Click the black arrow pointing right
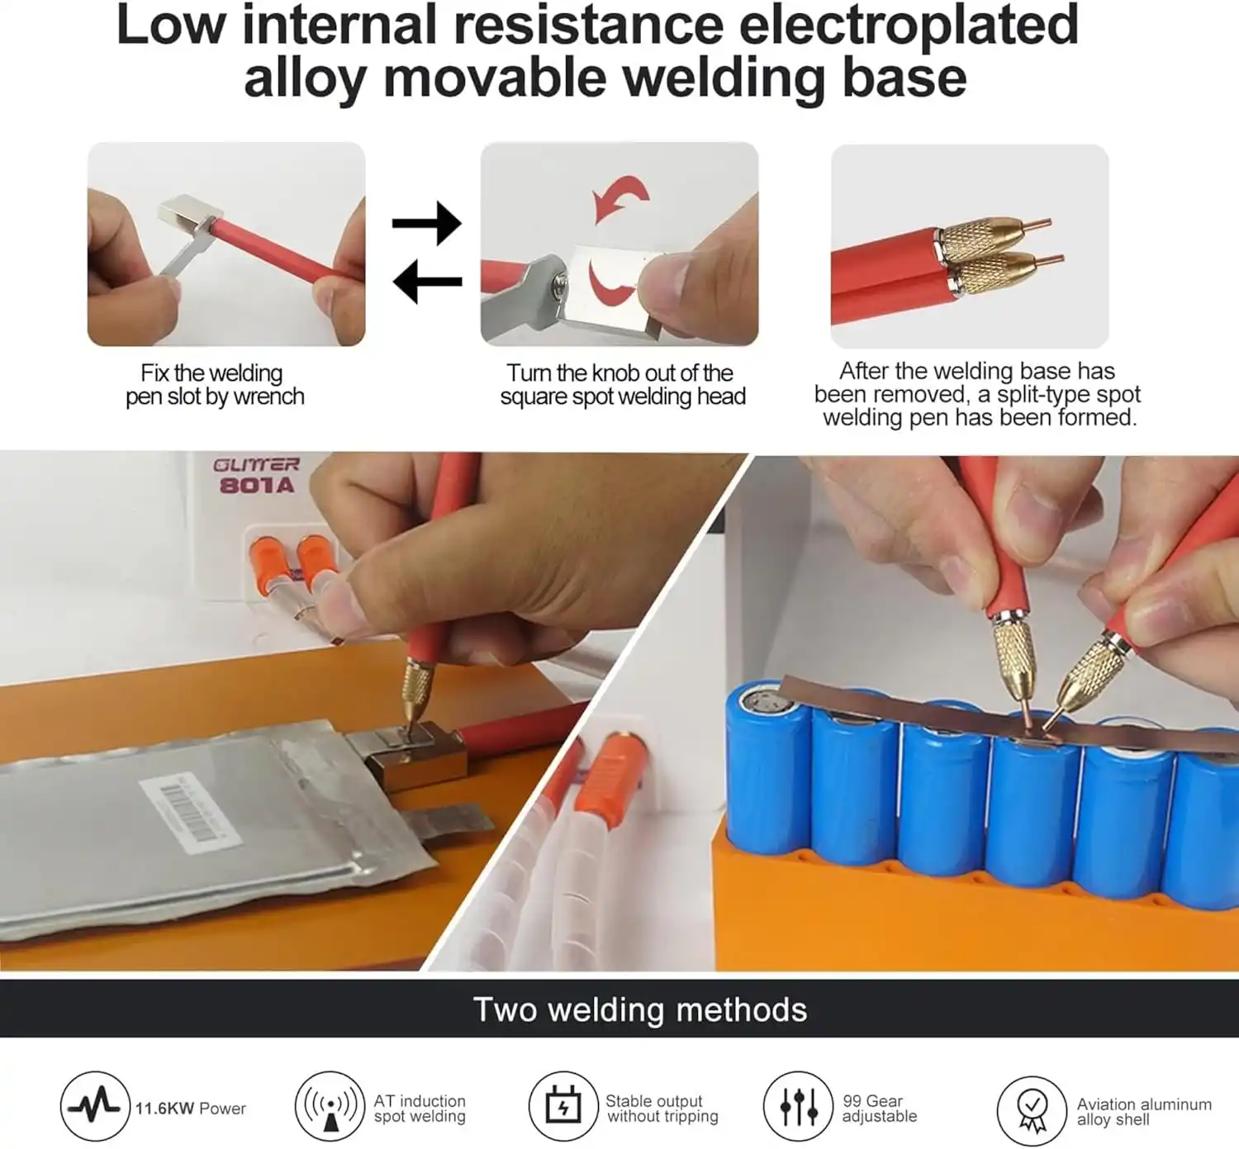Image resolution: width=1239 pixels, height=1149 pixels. pos(427,223)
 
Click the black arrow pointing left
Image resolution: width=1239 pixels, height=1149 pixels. pos(427,282)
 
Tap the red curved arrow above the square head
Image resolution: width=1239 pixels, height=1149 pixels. pos(620,197)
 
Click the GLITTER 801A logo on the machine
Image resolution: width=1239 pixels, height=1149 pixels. pos(256,476)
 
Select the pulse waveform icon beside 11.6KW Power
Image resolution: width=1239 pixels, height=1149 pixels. pos(95,1106)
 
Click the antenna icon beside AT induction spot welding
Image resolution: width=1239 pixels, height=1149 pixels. pos(330,1106)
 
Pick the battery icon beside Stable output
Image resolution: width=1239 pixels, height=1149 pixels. pos(563,1106)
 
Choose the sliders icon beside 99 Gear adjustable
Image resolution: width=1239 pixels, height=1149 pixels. pos(799,1106)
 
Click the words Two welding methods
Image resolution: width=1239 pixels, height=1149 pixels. pos(640,1009)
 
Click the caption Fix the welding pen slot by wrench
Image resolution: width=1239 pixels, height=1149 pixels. pos(215,384)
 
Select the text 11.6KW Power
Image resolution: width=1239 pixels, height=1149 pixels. pos(191,1109)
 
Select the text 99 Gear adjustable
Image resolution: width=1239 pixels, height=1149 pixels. pos(880,1109)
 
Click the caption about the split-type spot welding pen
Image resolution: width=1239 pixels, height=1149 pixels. pos(978,395)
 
